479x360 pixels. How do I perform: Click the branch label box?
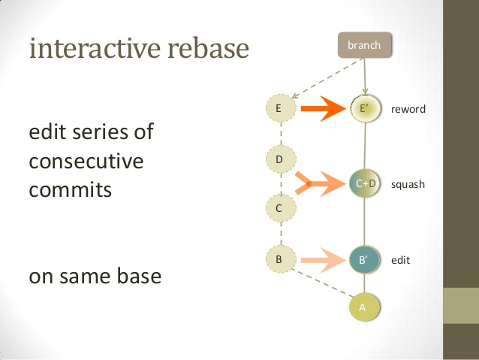364,45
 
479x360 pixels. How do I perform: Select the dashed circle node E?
279,109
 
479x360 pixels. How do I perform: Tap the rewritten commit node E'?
364,109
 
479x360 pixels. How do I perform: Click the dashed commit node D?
279,159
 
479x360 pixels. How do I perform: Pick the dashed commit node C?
279,208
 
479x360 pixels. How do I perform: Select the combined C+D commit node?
365,183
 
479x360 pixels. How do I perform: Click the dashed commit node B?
279,260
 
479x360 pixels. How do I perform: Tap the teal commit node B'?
364,261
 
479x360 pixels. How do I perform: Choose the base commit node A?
364,307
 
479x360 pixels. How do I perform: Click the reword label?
408,110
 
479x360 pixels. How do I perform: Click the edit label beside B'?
400,261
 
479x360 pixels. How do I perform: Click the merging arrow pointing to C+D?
323,183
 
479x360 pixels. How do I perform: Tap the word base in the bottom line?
139,276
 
